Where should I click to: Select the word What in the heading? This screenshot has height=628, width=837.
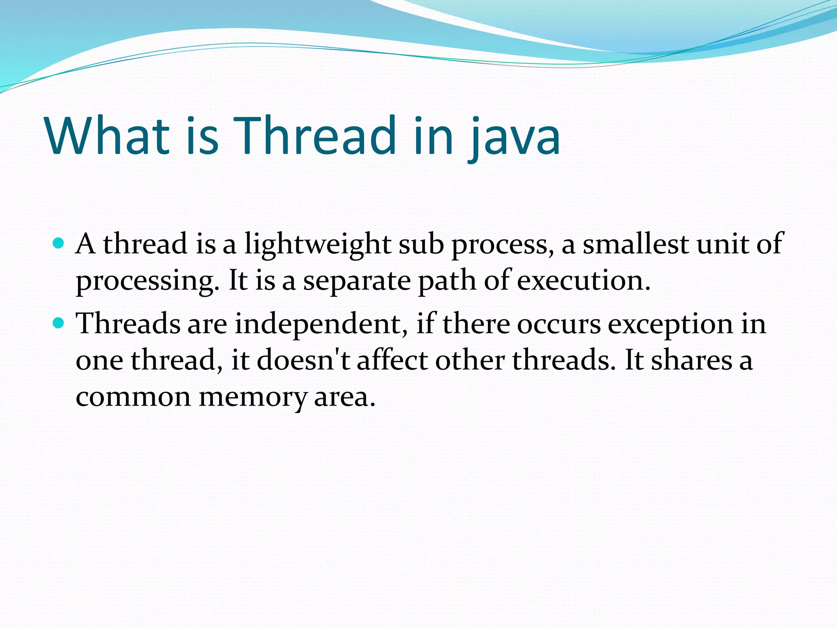[107, 136]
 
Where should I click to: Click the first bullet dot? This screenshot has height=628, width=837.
[59, 244]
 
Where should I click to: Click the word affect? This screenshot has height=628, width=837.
[392, 361]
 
